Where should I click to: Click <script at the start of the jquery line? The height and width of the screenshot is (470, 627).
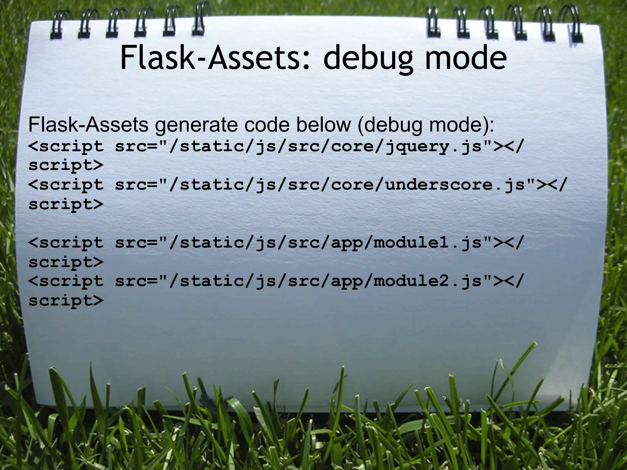point(66,147)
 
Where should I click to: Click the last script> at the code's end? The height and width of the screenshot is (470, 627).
point(66,300)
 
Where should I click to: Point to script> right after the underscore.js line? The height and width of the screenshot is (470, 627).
point(66,204)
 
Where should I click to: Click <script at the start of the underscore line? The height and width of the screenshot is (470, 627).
point(66,185)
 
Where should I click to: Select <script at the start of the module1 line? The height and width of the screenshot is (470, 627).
point(66,243)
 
